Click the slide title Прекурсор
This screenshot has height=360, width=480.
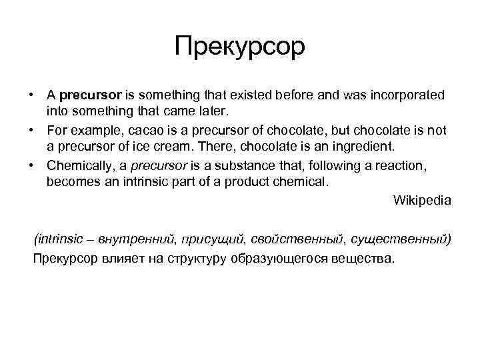[239, 47]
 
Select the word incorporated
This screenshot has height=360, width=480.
[406, 95]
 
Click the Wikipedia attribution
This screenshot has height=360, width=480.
[422, 199]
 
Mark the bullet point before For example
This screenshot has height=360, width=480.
[31, 129]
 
